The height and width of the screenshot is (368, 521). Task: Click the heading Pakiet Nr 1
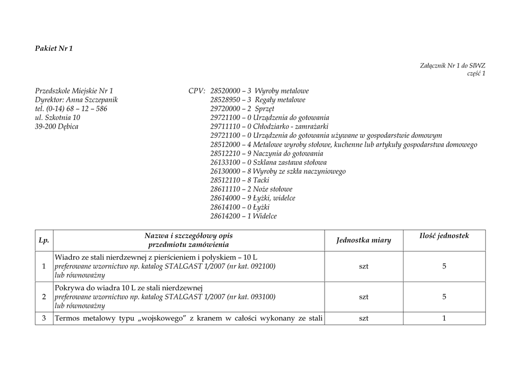coord(54,49)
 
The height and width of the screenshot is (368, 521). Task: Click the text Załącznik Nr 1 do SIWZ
coord(453,66)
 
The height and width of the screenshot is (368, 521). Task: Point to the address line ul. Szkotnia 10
coord(57,117)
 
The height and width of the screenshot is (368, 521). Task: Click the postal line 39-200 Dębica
coord(56,127)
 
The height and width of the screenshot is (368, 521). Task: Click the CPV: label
coord(197,91)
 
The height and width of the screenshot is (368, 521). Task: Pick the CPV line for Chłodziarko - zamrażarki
coord(269,127)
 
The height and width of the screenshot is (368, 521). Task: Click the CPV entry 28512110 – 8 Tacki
coord(240,180)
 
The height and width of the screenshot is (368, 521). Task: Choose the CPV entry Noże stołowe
coord(251,189)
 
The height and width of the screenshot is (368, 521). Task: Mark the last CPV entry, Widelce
coord(243,216)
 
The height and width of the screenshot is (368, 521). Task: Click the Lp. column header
coord(44,240)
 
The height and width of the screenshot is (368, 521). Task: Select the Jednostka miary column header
coord(364,240)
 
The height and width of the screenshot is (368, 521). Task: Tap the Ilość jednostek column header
coord(444,236)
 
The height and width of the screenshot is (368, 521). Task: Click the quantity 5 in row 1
coord(444,266)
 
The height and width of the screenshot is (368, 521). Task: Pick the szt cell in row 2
coord(364,297)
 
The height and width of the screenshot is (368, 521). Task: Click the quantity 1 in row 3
coord(444,319)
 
